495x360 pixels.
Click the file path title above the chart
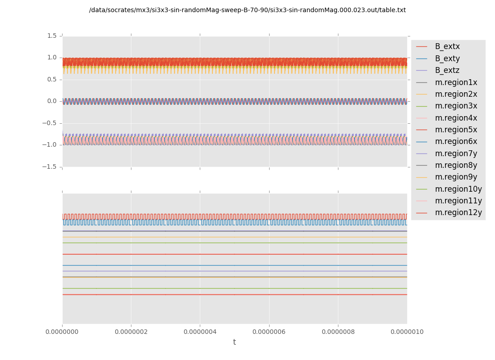coord(247,10)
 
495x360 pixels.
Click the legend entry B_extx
coord(447,46)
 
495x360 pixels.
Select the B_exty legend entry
coord(447,58)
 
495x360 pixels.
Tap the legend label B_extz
coord(447,70)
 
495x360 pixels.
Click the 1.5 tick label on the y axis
coord(52,36)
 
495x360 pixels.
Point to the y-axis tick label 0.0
coord(52,101)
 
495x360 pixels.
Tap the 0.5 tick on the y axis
coord(52,79)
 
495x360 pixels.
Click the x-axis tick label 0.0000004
coord(200,332)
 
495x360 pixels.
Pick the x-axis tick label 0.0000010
coord(407,332)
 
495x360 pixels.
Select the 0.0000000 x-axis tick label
coord(63,332)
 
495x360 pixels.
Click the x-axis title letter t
coord(234,342)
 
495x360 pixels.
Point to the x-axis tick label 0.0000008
coord(338,332)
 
